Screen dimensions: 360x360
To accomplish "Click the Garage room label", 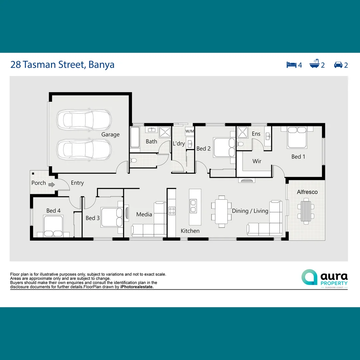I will coord(110,135).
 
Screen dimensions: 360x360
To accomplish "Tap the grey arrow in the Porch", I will coord(51,184).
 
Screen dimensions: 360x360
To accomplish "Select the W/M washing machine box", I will coord(190,131).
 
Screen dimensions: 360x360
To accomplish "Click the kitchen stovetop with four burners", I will coord(172,211).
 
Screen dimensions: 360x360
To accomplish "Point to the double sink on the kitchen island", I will coord(193,206).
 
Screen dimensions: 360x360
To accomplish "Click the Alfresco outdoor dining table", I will coord(306,211).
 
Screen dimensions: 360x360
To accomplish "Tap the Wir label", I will coord(257,161).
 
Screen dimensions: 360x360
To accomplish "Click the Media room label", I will coord(144,214).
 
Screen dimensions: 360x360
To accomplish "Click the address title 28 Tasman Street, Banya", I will coord(62,64).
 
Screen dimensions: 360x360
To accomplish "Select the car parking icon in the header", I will coord(338,65).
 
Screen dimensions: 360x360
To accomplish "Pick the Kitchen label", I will coord(190,231).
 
